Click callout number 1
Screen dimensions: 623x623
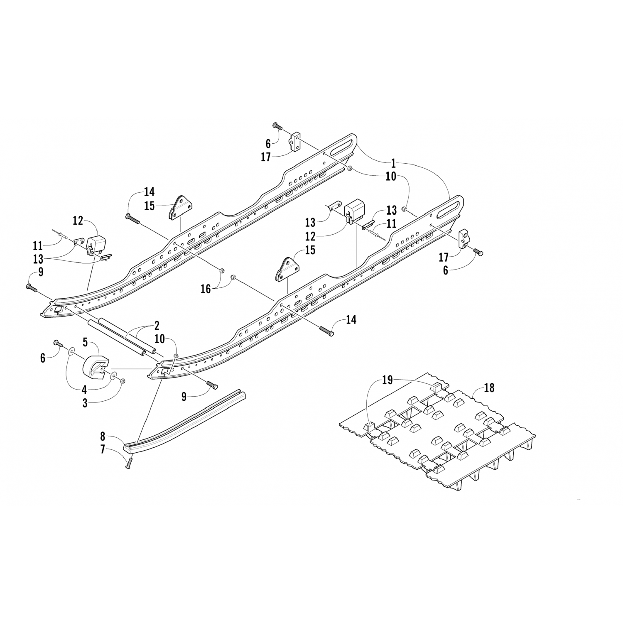(x=393, y=163)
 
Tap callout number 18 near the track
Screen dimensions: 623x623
(x=489, y=388)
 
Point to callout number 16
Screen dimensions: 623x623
(x=206, y=289)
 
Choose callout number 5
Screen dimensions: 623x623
(x=85, y=343)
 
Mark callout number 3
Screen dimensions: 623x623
(x=85, y=403)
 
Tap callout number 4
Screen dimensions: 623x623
(x=85, y=390)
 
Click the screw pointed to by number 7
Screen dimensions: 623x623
(x=129, y=462)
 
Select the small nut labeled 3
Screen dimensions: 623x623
(x=122, y=380)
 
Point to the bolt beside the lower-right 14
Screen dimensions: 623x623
(x=326, y=331)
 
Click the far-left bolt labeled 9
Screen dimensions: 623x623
(x=31, y=287)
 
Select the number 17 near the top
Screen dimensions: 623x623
(x=266, y=157)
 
